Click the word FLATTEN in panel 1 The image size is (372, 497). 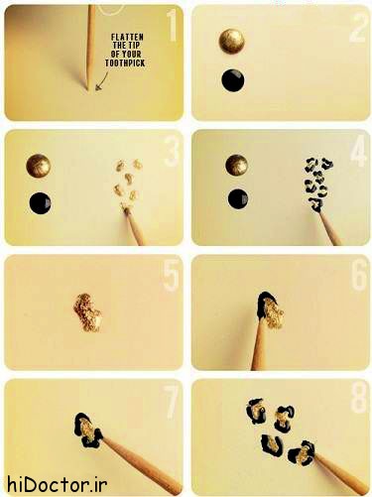coord(127,37)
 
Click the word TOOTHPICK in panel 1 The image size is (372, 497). coord(125,62)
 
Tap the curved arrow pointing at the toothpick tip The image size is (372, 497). coord(103,81)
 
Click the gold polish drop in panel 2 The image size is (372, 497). coord(232,41)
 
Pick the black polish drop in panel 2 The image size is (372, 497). coord(233,80)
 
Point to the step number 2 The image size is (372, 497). coord(358,27)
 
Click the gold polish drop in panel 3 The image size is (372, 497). coord(39,166)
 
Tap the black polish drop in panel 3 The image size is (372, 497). coord(41,203)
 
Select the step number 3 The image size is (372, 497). coord(172,151)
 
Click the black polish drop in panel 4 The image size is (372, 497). coord(238,199)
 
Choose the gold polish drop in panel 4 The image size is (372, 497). coord(237,166)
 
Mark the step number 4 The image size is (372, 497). coord(358,151)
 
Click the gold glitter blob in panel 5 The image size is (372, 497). coord(87,312)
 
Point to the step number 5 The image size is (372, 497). coord(172,275)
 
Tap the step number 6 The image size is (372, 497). coord(359,275)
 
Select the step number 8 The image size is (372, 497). coord(359,398)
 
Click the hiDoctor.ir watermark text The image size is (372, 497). coord(57,485)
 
